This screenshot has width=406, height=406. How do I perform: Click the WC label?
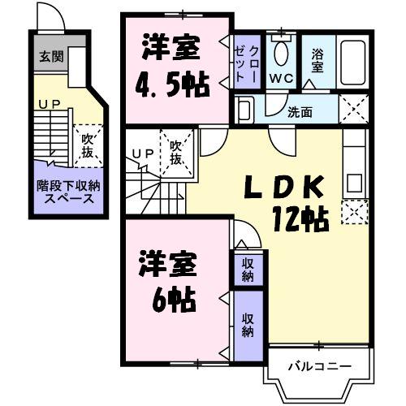pyautogui.click(x=281, y=78)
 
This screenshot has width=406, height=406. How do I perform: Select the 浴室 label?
pyautogui.click(x=317, y=61)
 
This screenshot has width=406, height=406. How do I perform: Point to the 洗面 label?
pyautogui.click(x=299, y=112)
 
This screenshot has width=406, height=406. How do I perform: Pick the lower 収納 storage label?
pyautogui.click(x=248, y=325)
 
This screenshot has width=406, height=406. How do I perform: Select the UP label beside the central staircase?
pyautogui.click(x=143, y=152)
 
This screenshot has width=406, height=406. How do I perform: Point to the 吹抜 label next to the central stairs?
pyautogui.click(x=175, y=153)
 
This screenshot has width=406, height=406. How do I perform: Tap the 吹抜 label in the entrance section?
pyautogui.click(x=87, y=146)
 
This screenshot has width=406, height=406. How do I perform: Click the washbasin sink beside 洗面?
pyautogui.click(x=246, y=108)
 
